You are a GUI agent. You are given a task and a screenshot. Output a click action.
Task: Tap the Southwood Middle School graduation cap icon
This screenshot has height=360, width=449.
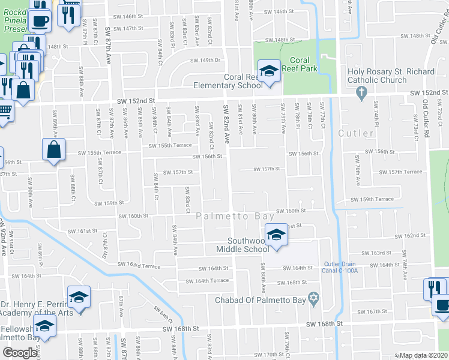coord(276,234)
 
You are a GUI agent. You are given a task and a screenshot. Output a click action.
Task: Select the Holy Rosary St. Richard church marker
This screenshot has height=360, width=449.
coord(360,92)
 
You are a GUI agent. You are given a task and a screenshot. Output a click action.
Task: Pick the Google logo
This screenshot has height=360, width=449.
coord(20,352)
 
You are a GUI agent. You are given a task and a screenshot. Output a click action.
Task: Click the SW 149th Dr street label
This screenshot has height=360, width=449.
coord(206,60)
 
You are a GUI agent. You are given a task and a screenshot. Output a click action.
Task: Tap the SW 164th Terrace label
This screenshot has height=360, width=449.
coord(207,281)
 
